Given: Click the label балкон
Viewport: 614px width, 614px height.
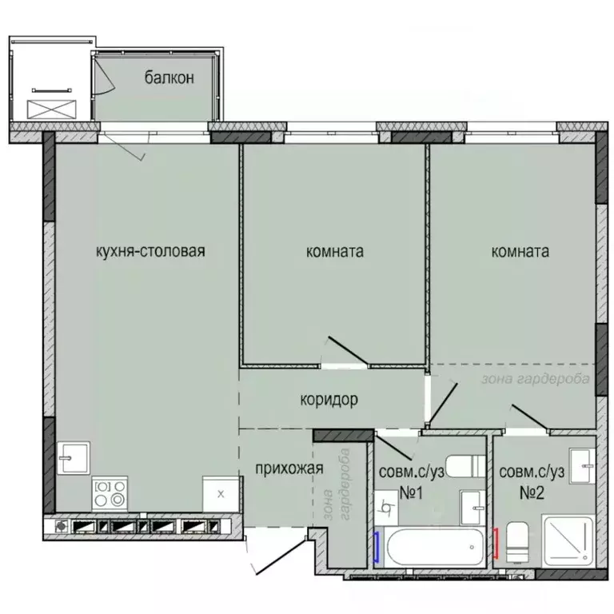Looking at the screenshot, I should tap(169, 78).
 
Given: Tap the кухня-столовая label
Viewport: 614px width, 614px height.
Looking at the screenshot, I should tap(150, 252).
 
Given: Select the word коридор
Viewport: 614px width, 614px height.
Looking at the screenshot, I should tap(329, 399).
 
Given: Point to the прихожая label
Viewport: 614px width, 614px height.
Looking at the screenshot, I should tap(289, 468).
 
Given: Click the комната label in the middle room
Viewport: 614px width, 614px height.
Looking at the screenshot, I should tap(335, 252).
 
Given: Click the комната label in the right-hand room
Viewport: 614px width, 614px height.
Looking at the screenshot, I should tap(520, 252).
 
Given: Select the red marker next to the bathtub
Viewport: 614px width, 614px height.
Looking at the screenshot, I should tap(496, 544).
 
